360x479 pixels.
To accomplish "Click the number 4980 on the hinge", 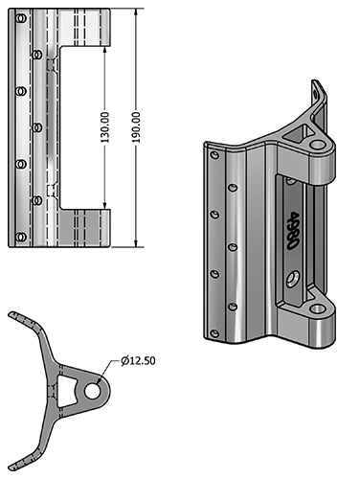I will click(291, 231).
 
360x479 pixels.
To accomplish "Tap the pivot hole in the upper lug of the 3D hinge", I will click(317, 145).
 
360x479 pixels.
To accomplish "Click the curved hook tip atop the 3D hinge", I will click(319, 89).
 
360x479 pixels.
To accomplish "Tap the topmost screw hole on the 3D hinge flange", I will click(214, 153).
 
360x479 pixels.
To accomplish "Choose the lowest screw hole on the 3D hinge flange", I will click(214, 333).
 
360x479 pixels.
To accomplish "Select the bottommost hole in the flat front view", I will click(20, 236).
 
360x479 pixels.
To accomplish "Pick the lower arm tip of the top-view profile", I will click(32, 458).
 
